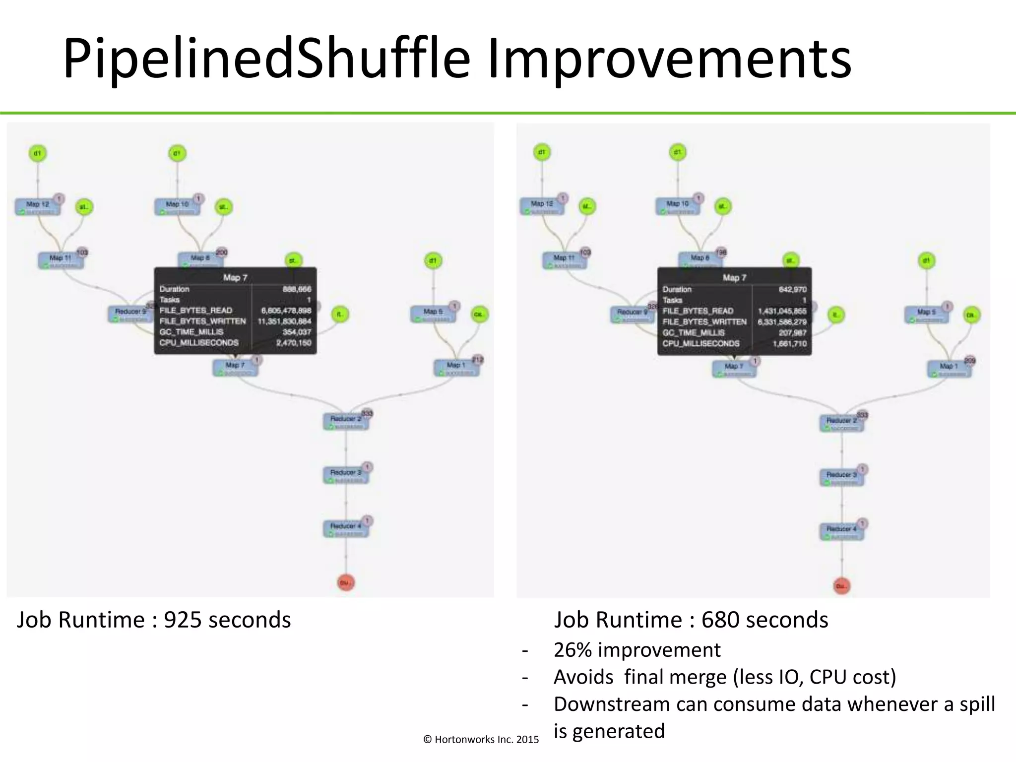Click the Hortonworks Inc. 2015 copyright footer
[481, 740]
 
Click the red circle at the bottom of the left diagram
[346, 582]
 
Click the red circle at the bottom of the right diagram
[841, 586]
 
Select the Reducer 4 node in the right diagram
[841, 531]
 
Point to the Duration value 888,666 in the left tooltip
[297, 289]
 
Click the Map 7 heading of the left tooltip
[235, 277]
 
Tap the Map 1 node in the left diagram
[456, 368]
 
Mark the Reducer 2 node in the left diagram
[346, 421]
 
